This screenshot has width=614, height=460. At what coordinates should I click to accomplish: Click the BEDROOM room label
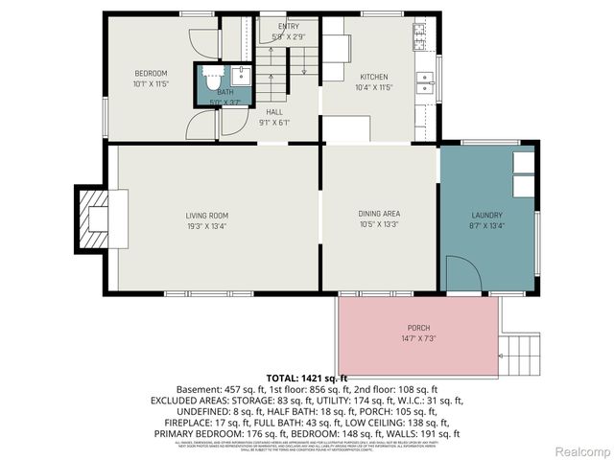click(x=151, y=74)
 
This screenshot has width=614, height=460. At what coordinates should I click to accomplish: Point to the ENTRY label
click(x=289, y=26)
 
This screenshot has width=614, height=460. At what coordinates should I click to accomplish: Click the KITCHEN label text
click(x=373, y=77)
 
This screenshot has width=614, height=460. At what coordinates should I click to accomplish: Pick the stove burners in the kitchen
click(x=420, y=36)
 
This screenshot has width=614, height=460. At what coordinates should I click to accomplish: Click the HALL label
click(x=273, y=110)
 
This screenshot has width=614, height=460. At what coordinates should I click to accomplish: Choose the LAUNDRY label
click(x=486, y=215)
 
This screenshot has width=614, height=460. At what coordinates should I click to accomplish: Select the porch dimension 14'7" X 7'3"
click(x=418, y=337)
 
